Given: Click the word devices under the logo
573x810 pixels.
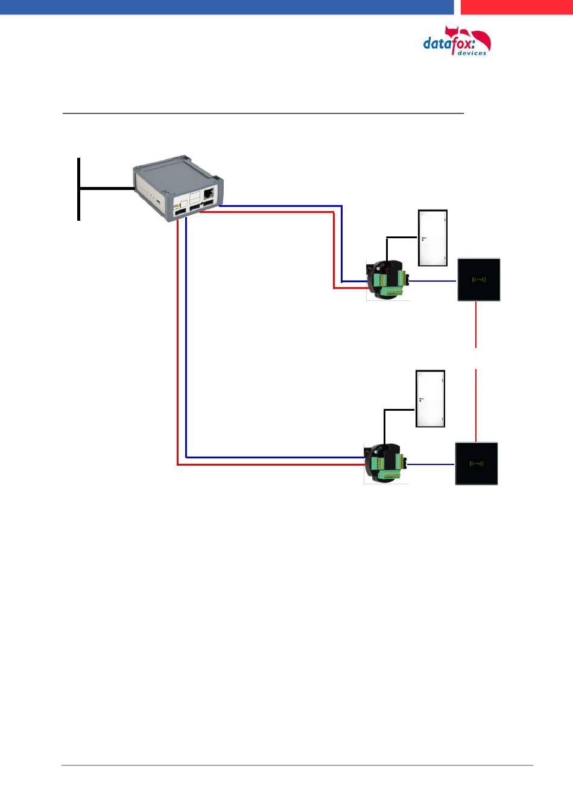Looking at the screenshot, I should (x=472, y=53).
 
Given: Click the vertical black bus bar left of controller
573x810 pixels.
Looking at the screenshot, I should (x=78, y=188).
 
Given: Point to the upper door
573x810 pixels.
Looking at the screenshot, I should (x=433, y=238).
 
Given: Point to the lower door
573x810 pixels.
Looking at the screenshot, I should (x=430, y=399).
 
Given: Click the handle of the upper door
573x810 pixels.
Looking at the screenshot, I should (x=423, y=239).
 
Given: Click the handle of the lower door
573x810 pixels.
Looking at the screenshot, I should (x=420, y=399).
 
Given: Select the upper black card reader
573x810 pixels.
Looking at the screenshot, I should (x=479, y=279).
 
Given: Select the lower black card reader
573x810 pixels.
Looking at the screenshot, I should (x=476, y=463).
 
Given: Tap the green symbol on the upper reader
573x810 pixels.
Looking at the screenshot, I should (x=479, y=279).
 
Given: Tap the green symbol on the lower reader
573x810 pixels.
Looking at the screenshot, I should (x=476, y=463).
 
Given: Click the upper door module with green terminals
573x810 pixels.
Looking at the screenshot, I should (x=388, y=280).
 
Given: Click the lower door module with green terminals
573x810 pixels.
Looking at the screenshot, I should (x=385, y=464).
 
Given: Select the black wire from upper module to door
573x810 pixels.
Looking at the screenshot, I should (x=400, y=237).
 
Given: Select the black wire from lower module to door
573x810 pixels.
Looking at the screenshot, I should (x=398, y=410).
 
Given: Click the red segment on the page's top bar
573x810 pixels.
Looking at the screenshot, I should (x=516, y=7).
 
